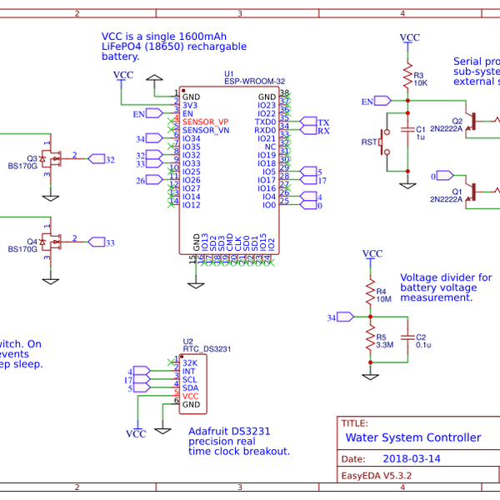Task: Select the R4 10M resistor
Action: point(370,292)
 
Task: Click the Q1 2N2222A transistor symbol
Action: point(472,191)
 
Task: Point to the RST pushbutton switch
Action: point(384,142)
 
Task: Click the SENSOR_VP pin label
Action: point(205,122)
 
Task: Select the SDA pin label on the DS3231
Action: point(190,387)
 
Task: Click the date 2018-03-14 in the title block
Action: point(412,458)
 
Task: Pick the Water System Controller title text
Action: point(412,437)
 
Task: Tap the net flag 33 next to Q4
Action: point(105,242)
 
